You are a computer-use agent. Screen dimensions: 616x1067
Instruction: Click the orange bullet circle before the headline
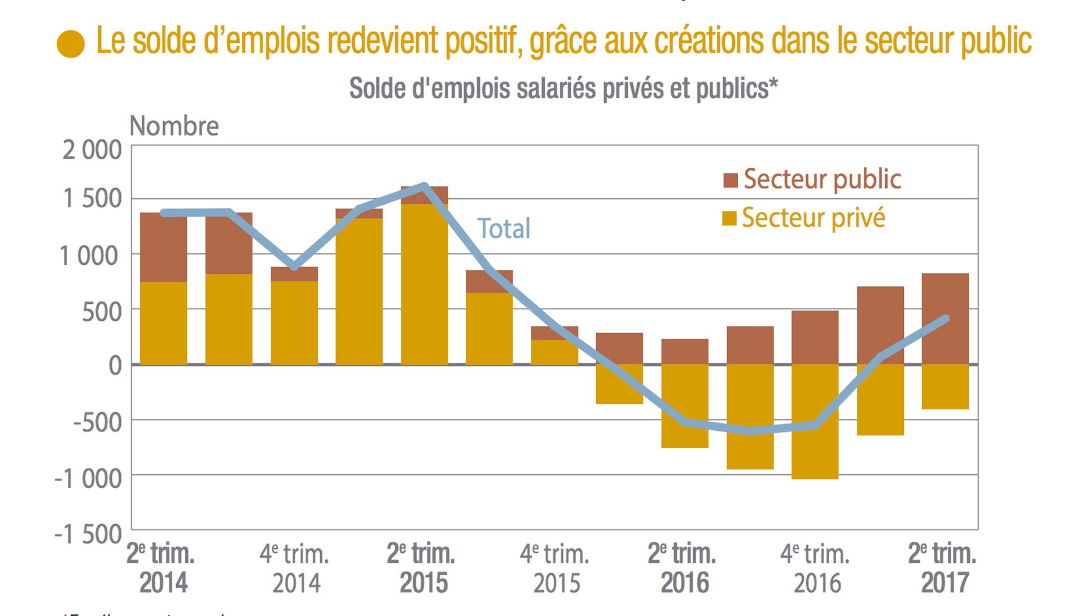(x=71, y=44)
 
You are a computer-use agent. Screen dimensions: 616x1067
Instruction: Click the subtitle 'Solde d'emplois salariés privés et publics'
(x=563, y=89)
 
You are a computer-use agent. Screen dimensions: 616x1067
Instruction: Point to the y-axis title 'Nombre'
(x=174, y=126)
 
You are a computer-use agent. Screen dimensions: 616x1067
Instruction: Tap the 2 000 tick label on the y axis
(x=92, y=150)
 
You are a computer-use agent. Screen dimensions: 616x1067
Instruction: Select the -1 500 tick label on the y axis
(x=88, y=534)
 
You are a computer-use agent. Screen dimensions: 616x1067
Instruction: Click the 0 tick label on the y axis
(x=115, y=365)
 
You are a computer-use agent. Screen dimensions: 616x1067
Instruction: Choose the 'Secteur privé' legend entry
(x=804, y=218)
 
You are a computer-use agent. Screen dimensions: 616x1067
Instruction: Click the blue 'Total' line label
(x=504, y=229)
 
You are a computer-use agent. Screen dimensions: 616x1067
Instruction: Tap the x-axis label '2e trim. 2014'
(x=161, y=568)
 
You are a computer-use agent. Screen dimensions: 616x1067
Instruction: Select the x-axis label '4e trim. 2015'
(x=555, y=568)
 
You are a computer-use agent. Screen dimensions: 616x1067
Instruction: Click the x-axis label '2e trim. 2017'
(x=943, y=568)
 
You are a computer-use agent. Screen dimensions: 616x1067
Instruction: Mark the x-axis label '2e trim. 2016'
(x=683, y=568)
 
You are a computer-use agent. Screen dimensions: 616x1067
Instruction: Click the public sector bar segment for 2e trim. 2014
(x=163, y=247)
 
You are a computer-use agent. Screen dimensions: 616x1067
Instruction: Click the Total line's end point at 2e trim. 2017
(x=946, y=319)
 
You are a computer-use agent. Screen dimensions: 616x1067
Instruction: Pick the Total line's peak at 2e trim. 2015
(x=425, y=186)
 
